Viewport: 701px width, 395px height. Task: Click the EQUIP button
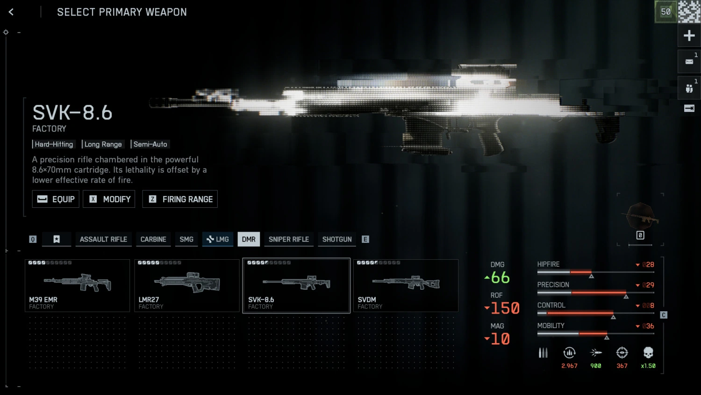click(56, 199)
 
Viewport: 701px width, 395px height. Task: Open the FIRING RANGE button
click(180, 199)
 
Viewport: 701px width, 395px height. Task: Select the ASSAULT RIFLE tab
click(103, 239)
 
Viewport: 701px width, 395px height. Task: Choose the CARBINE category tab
click(153, 239)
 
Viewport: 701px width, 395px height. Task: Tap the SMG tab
click(186, 239)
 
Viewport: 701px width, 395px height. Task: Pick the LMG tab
click(218, 239)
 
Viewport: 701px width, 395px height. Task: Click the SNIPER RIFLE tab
click(289, 239)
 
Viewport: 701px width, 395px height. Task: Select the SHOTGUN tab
click(337, 239)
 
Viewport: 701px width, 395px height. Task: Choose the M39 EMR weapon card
click(77, 285)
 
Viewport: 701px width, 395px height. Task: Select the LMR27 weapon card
click(187, 285)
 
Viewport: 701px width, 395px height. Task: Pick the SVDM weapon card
click(406, 285)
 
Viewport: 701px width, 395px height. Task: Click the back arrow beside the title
click(11, 12)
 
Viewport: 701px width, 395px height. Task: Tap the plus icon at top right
click(689, 36)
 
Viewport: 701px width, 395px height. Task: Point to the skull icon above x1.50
click(648, 353)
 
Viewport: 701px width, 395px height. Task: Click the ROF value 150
click(505, 308)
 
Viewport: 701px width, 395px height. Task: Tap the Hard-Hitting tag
click(54, 144)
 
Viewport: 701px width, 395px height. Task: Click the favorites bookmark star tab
click(57, 239)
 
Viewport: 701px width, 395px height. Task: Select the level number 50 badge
click(665, 12)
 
